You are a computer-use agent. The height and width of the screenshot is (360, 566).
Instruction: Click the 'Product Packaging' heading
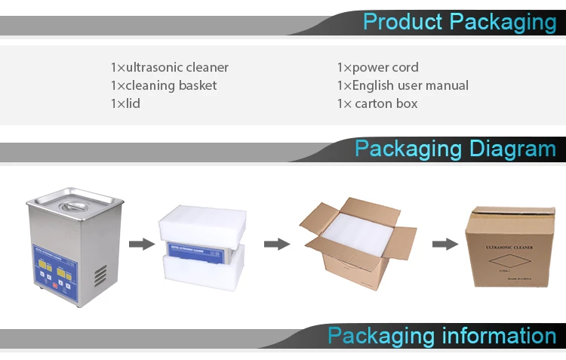point(459,21)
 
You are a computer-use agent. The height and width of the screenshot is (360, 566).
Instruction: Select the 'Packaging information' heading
point(441,335)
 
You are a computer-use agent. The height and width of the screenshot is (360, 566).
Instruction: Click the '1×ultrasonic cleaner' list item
point(170,67)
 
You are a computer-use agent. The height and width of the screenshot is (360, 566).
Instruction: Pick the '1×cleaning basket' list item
point(164,85)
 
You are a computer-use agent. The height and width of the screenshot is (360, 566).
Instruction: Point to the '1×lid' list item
point(125,103)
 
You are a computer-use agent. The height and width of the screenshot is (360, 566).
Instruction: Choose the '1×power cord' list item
point(377,67)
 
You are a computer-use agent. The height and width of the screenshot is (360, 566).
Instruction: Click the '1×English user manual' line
point(402,85)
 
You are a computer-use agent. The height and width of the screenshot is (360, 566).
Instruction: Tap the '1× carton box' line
point(377,103)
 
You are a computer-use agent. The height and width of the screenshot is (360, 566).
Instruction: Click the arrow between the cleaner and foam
point(138,244)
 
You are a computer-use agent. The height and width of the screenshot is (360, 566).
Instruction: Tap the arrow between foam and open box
point(276,244)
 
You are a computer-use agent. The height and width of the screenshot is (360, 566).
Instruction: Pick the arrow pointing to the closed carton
point(444,244)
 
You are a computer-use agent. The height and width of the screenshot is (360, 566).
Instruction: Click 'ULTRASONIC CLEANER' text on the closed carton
point(512,247)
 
